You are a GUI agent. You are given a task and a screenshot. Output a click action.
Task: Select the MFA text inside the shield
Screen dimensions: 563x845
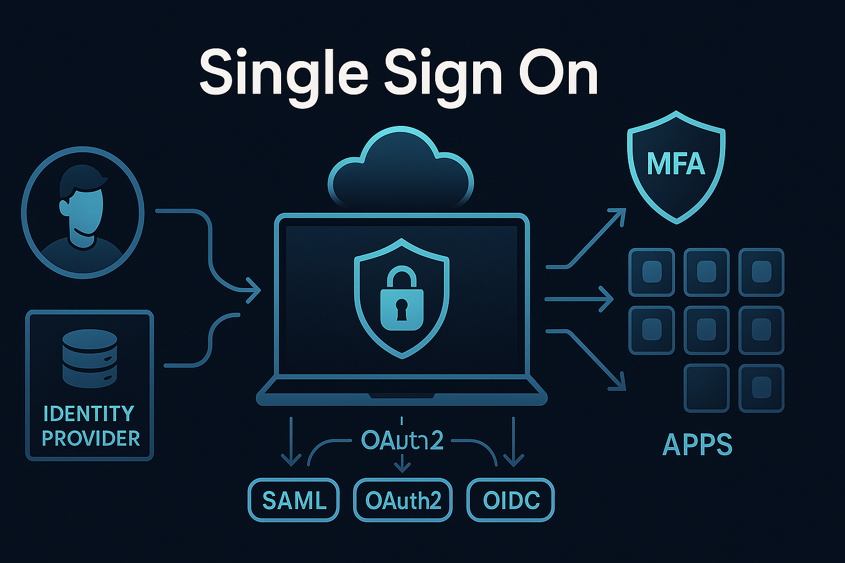pyautogui.click(x=676, y=164)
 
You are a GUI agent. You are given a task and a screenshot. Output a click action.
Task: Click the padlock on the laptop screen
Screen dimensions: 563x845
pyautogui.click(x=402, y=300)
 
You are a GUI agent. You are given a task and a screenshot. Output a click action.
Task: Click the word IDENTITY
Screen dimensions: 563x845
pyautogui.click(x=89, y=413)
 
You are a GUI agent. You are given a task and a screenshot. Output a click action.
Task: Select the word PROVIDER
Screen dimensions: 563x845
pyautogui.click(x=91, y=439)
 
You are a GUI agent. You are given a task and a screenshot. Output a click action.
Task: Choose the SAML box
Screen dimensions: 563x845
pyautogui.click(x=294, y=500)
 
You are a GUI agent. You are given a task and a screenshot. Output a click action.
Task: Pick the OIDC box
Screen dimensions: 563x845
pyautogui.click(x=511, y=500)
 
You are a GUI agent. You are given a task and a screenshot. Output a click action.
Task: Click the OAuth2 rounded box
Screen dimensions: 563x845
pyautogui.click(x=403, y=500)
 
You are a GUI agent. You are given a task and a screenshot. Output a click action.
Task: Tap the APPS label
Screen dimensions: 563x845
pyautogui.click(x=697, y=444)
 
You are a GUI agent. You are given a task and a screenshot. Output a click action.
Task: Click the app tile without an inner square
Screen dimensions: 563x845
pyautogui.click(x=706, y=388)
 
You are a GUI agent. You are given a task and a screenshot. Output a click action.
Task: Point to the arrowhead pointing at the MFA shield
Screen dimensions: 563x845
pyautogui.click(x=619, y=214)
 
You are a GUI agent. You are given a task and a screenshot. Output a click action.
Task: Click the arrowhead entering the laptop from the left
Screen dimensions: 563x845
pyautogui.click(x=254, y=290)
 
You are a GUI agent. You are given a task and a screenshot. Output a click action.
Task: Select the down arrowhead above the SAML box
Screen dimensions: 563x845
pyautogui.click(x=290, y=459)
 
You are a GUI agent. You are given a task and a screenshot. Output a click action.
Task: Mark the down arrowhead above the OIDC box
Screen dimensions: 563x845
pyautogui.click(x=513, y=459)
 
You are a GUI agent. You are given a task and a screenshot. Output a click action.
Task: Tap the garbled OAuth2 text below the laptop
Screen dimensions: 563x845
pyautogui.click(x=402, y=440)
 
